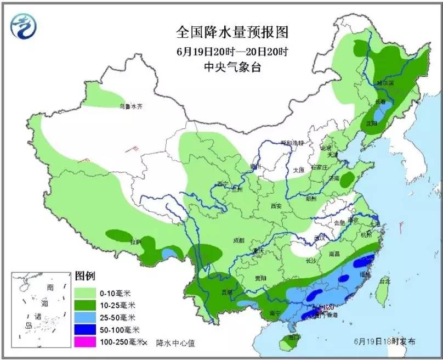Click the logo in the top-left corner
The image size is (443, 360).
[x=26, y=26]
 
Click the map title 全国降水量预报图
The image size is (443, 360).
[x=232, y=32]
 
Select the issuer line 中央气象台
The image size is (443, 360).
[x=232, y=66]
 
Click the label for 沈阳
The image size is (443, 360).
[x=372, y=124]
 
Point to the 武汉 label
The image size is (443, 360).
[x=320, y=238]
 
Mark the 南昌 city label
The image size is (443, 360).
[x=336, y=254]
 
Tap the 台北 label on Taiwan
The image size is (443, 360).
[x=385, y=281]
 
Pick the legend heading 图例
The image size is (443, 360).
[x=85, y=274]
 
